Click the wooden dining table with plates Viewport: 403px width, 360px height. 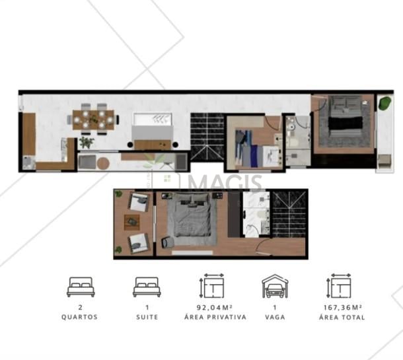click(x=93, y=120)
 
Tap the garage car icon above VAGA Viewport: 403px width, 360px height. click(x=275, y=286)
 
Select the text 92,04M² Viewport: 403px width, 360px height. click(x=215, y=307)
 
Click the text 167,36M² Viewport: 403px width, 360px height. click(x=343, y=307)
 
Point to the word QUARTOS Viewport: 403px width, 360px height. click(x=80, y=317)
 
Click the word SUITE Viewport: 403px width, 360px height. click(x=147, y=317)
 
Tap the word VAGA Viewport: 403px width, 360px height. click(x=275, y=317)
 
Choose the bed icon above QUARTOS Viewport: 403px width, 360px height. click(x=81, y=287)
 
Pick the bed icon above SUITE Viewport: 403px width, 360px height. click(x=147, y=287)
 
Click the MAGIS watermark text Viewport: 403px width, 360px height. click(x=225, y=182)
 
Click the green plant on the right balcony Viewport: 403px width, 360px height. click(x=385, y=103)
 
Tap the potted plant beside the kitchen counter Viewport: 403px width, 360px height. click(x=87, y=142)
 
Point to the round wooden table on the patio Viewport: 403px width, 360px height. click(x=103, y=163)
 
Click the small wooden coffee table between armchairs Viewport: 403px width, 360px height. click(x=132, y=222)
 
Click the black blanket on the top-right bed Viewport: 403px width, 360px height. click(x=346, y=124)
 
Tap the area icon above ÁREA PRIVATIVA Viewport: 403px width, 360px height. click(x=212, y=286)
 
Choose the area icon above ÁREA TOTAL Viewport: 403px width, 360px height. click(x=340, y=286)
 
